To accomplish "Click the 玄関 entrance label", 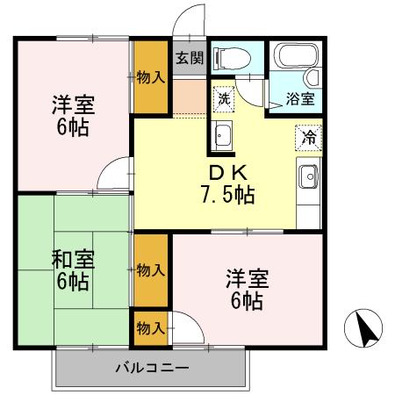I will [x=189, y=59].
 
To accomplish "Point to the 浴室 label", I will [x=300, y=99].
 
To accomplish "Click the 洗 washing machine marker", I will [x=224, y=98].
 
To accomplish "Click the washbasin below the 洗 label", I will [x=223, y=135].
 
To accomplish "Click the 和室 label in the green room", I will [x=73, y=260].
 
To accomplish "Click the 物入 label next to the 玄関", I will [x=151, y=77].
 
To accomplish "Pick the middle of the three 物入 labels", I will [x=150, y=269].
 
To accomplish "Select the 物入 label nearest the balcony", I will [x=150, y=328].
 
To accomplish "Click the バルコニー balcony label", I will [x=150, y=367].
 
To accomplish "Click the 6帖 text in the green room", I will [x=73, y=282].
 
